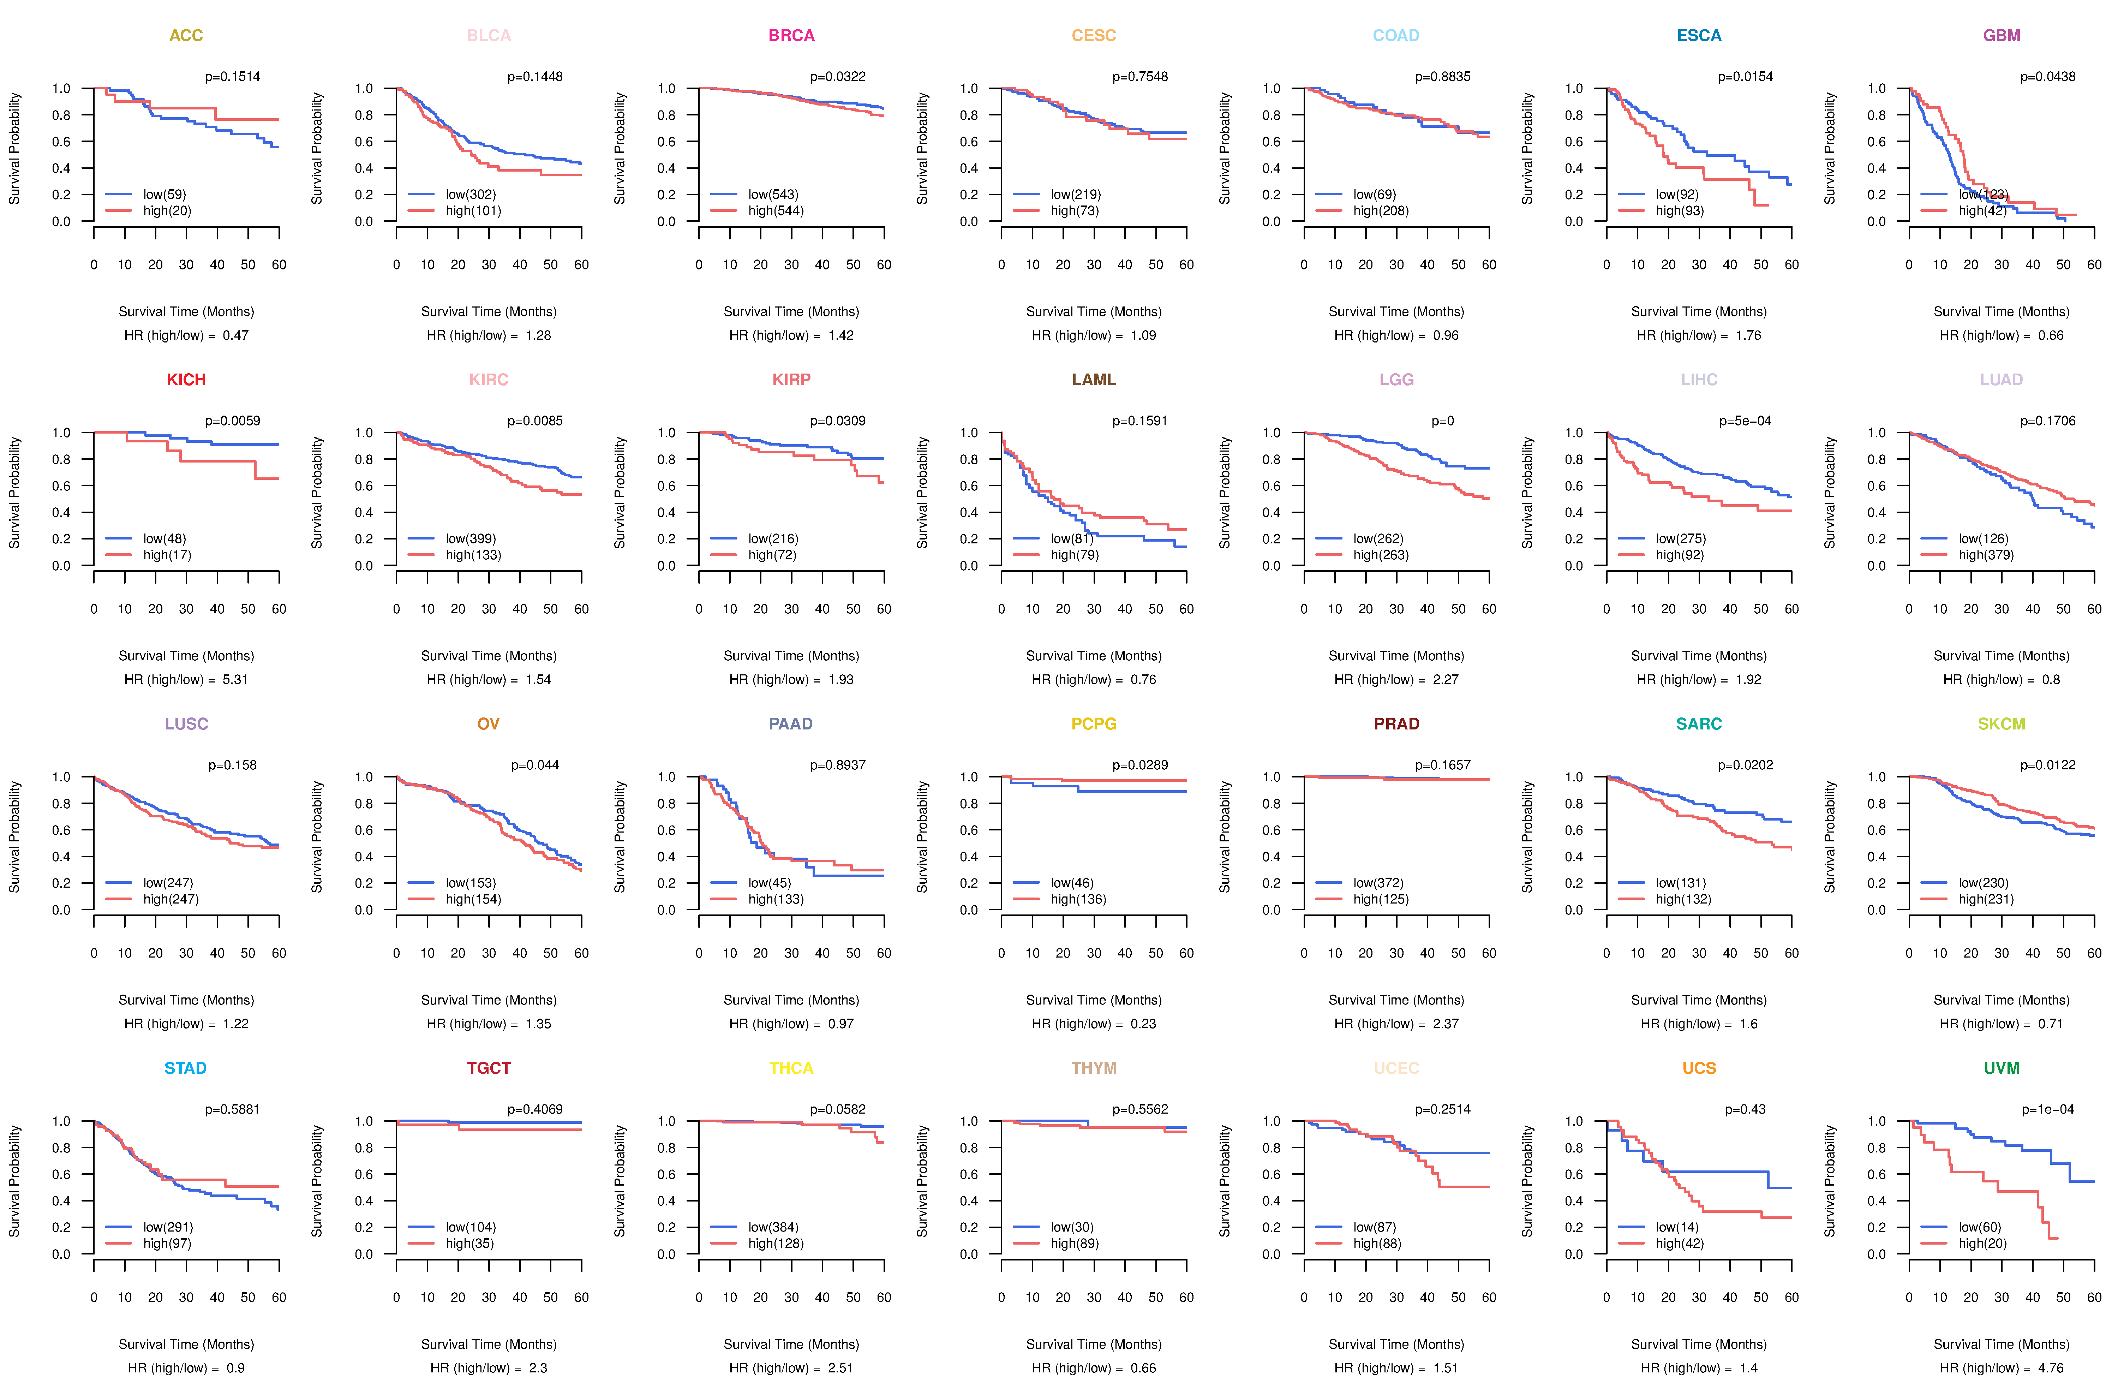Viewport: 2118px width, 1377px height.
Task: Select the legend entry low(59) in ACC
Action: (x=164, y=194)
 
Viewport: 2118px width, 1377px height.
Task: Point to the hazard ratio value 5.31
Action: (x=235, y=679)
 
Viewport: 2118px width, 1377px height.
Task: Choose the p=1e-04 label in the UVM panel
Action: (x=2048, y=1109)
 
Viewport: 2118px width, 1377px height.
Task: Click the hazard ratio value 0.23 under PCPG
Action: (x=1143, y=1024)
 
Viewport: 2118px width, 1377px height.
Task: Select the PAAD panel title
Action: (x=790, y=724)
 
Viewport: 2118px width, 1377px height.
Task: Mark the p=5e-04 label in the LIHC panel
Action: (x=1745, y=421)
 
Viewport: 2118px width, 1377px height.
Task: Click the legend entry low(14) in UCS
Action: (x=1677, y=1227)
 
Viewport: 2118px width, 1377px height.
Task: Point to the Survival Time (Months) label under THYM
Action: (x=1094, y=1344)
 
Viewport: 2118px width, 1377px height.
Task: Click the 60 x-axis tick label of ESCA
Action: (x=1791, y=264)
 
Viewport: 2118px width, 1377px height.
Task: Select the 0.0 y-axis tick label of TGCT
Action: (x=364, y=1254)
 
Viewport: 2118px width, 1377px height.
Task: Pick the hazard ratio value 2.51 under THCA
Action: (x=840, y=1368)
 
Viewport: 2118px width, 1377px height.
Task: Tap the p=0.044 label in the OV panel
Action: (x=535, y=765)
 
